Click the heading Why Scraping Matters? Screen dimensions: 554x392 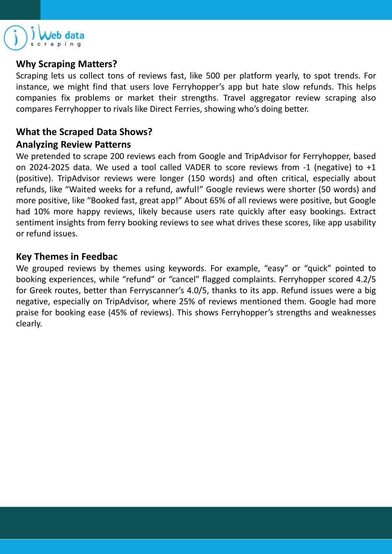pos(66,64)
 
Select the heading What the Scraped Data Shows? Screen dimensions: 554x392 pos(84,132)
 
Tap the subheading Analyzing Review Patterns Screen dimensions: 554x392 pos(74,145)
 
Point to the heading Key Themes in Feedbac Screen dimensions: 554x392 pos(67,257)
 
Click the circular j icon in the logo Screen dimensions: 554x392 pos(15,37)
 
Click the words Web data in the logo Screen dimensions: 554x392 pos(62,36)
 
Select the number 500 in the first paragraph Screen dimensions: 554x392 pos(213,76)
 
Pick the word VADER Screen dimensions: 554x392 pos(198,167)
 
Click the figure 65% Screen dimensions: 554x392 pos(217,200)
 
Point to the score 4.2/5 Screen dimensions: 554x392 pos(364,279)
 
